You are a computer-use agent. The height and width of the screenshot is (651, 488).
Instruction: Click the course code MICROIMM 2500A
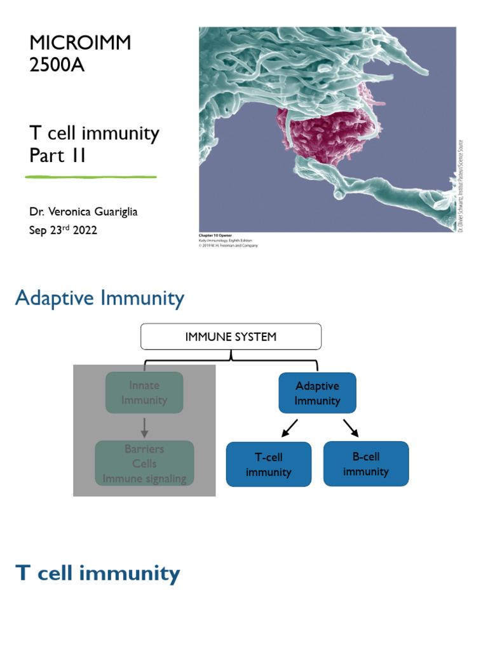80,53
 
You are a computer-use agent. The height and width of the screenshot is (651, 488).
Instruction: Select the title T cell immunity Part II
94,144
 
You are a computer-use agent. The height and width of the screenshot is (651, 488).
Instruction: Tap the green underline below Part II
91,176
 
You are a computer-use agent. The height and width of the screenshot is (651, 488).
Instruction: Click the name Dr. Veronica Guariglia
83,212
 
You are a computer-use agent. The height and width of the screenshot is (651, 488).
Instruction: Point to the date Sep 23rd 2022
63,230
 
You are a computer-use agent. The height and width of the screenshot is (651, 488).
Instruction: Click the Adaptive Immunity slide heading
100,298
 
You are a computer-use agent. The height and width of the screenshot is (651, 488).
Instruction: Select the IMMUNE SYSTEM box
231,337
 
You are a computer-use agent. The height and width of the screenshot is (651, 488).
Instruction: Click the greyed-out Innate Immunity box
144,393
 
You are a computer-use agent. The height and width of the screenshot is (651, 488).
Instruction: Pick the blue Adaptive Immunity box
317,394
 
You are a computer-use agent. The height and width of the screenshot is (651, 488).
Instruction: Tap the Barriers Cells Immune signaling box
144,463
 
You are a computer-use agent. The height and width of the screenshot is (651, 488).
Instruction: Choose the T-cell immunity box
269,465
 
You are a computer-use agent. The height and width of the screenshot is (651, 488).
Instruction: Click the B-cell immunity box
365,464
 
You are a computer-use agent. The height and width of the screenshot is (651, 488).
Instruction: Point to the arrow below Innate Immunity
144,427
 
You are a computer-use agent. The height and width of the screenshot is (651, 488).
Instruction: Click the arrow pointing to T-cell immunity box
288,428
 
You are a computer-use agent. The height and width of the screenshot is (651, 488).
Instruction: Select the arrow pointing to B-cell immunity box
351,428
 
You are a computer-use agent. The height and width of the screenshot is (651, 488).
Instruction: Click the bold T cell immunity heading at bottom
98,573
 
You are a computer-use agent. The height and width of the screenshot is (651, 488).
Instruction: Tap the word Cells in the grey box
144,463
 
